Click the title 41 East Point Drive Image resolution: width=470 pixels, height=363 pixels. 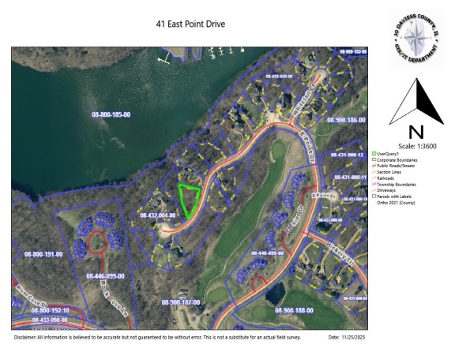pyautogui.click(x=190, y=24)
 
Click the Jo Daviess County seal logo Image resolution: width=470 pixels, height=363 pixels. pyautogui.click(x=415, y=39)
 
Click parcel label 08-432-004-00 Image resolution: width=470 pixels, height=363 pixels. pyautogui.click(x=157, y=215)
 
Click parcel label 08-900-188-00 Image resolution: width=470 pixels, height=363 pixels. pyautogui.click(x=295, y=311)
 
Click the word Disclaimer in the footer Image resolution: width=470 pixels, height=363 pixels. pyautogui.click(x=25, y=337)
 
